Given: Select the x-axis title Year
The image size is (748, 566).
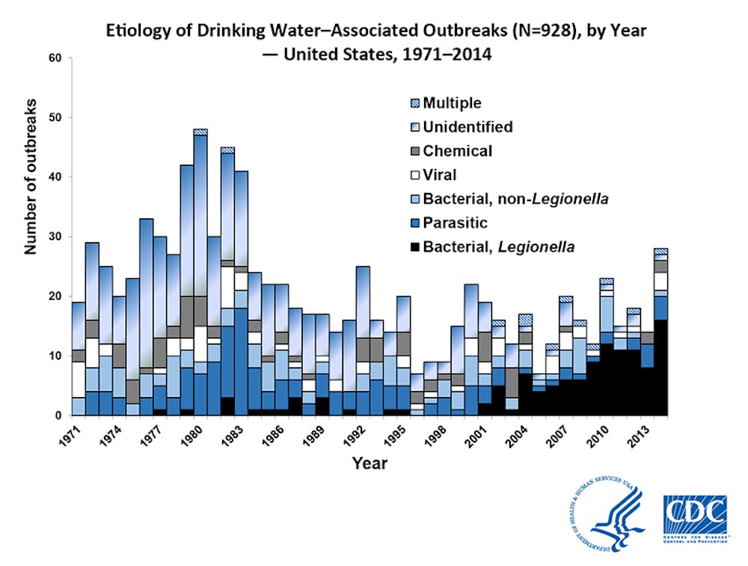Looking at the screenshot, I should pyautogui.click(x=370, y=464).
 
